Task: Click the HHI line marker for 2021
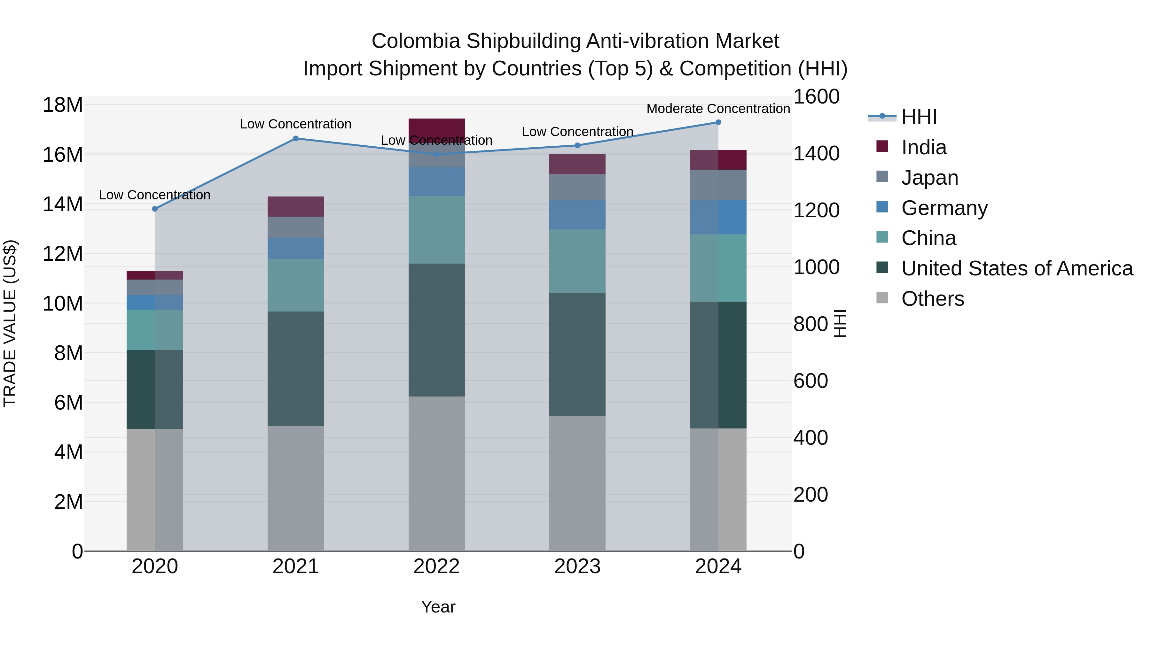pyautogui.click(x=295, y=138)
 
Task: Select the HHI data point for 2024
pyautogui.click(x=718, y=122)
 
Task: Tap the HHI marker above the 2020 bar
pyautogui.click(x=155, y=209)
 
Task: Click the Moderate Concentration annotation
pyautogui.click(x=718, y=109)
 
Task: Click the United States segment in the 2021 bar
pyautogui.click(x=295, y=368)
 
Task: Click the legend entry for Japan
pyautogui.click(x=929, y=178)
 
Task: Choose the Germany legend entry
pyautogui.click(x=944, y=208)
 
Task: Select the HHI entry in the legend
pyautogui.click(x=919, y=117)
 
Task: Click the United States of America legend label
pyautogui.click(x=1016, y=268)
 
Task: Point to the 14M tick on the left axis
pyautogui.click(x=63, y=204)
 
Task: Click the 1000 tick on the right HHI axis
pyautogui.click(x=816, y=267)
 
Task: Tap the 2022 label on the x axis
pyautogui.click(x=436, y=566)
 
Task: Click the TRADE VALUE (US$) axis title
pyautogui.click(x=10, y=323)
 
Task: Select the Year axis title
pyautogui.click(x=438, y=607)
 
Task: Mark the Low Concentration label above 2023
pyautogui.click(x=577, y=132)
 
